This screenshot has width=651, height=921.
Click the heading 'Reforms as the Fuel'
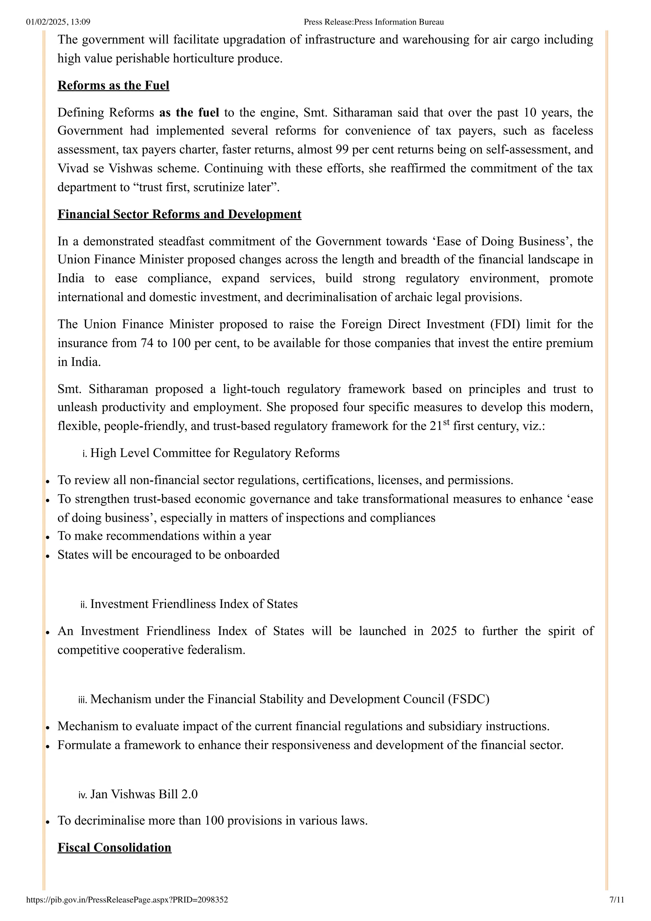point(113,85)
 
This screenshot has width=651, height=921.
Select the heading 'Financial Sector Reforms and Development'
point(179,214)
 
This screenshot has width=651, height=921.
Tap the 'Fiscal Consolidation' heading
point(114,848)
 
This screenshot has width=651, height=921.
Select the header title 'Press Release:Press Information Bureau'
point(373,22)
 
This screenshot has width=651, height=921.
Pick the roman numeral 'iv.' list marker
point(83,795)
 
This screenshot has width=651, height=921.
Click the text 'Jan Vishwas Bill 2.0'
point(144,794)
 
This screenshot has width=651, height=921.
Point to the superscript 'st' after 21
point(446,422)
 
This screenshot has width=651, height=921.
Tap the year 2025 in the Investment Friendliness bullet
point(444,631)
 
